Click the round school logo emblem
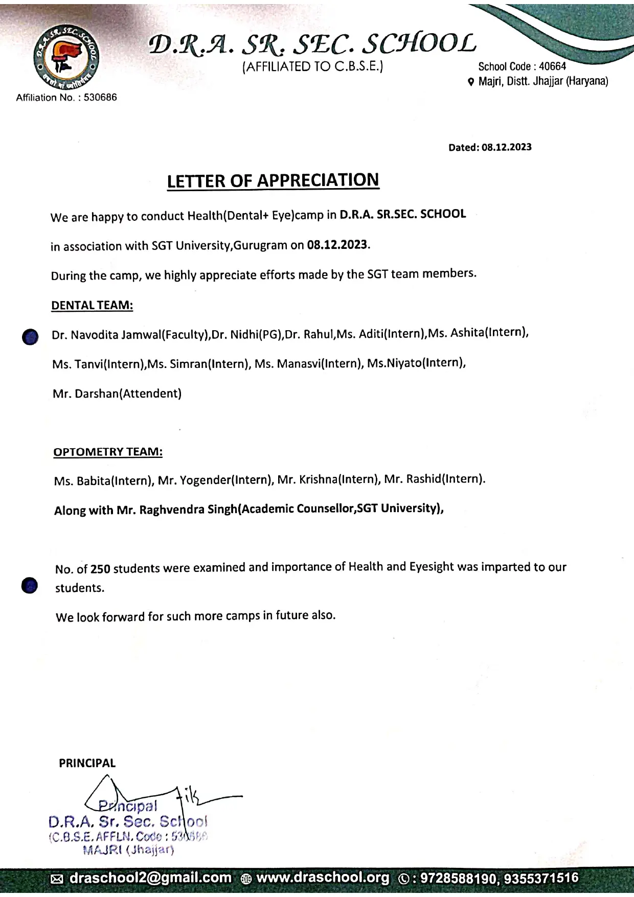[x=66, y=57]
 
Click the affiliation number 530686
[x=101, y=98]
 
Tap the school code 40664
[x=552, y=66]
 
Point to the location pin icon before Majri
[x=471, y=82]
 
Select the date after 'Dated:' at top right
[x=506, y=147]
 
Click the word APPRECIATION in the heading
[x=318, y=180]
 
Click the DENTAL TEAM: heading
[x=92, y=306]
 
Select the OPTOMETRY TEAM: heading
[x=108, y=452]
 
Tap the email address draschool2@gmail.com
[x=150, y=878]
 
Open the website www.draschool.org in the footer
[x=322, y=878]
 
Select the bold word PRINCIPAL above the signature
[x=87, y=763]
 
